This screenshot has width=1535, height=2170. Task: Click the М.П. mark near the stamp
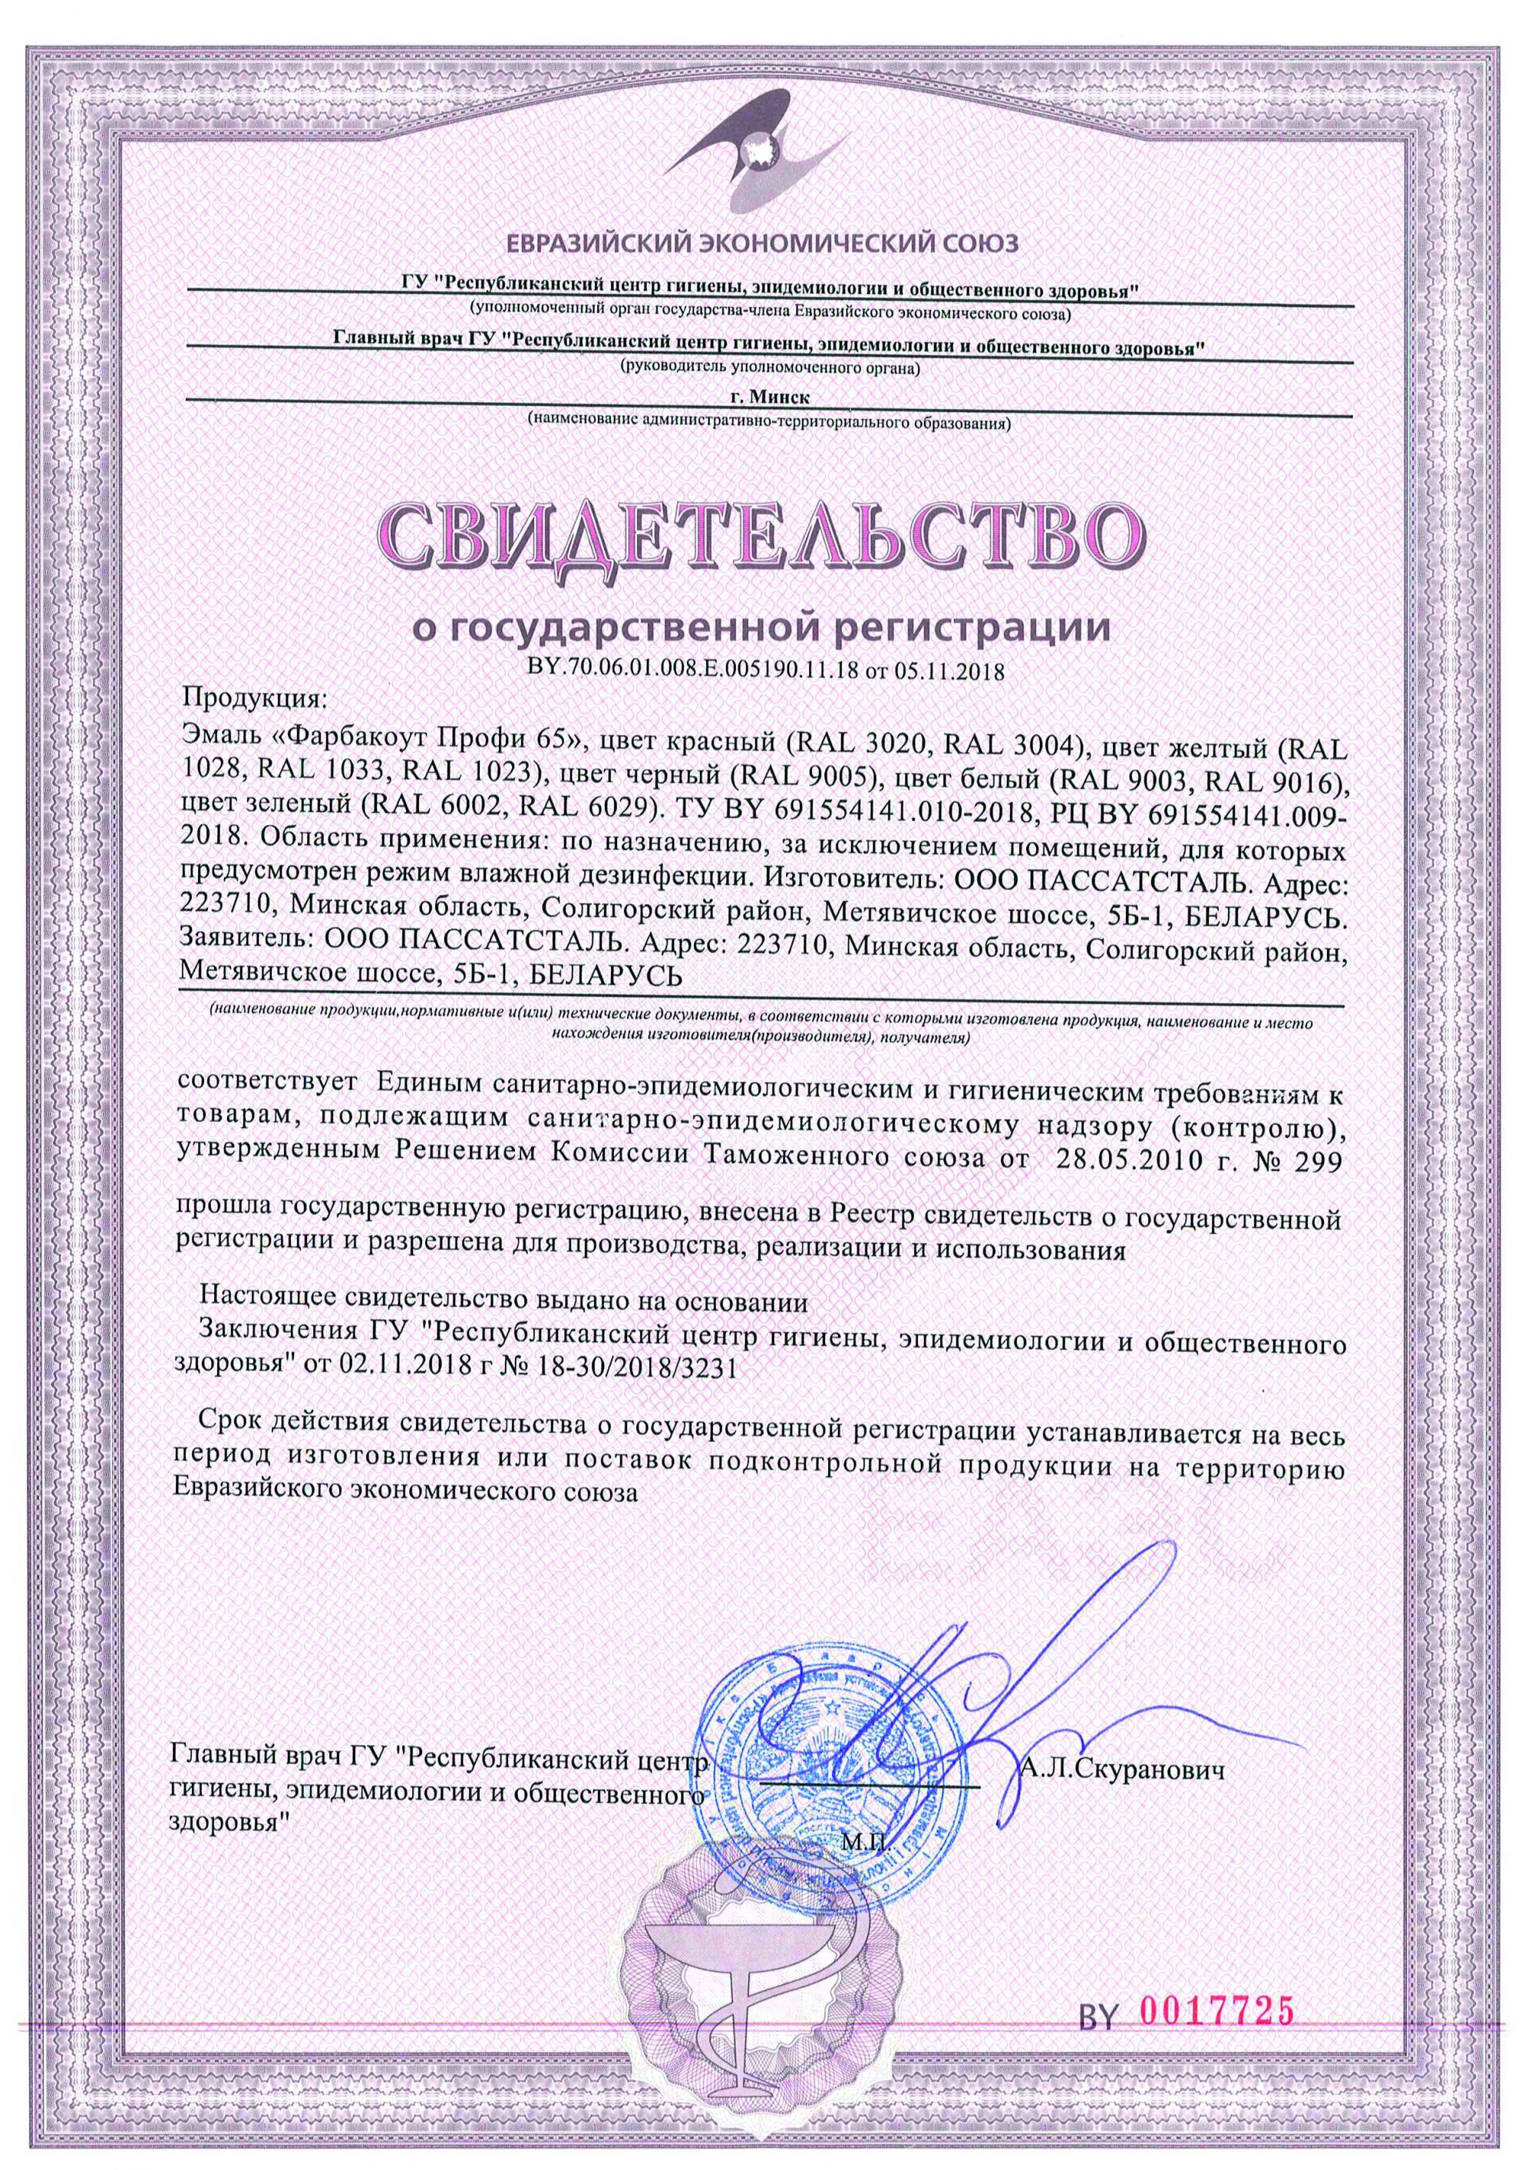(860, 1868)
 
